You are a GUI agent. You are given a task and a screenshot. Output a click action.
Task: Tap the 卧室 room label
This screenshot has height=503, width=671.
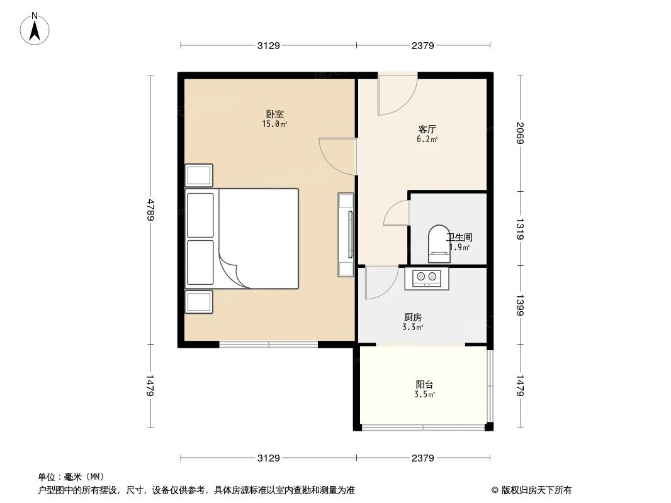[274, 114]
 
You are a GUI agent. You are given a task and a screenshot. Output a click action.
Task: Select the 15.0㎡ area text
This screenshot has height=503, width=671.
[274, 124]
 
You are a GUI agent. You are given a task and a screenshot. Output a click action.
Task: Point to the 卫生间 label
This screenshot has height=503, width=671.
[460, 238]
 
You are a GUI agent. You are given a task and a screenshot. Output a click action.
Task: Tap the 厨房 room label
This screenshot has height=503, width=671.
[412, 318]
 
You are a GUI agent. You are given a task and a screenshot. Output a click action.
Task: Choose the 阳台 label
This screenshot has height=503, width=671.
[424, 385]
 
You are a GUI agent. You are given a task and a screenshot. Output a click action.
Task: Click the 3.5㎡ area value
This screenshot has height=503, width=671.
[424, 395]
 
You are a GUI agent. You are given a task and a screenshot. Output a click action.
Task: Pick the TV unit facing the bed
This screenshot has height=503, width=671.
[346, 235]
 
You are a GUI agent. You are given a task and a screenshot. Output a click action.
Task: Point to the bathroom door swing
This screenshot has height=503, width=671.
[396, 214]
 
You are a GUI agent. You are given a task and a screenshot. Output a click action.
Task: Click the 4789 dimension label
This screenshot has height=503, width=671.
[150, 209]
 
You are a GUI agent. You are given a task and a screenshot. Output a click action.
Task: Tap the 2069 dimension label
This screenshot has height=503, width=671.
[519, 133]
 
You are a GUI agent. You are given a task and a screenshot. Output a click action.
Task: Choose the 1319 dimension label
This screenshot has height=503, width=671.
[519, 228]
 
